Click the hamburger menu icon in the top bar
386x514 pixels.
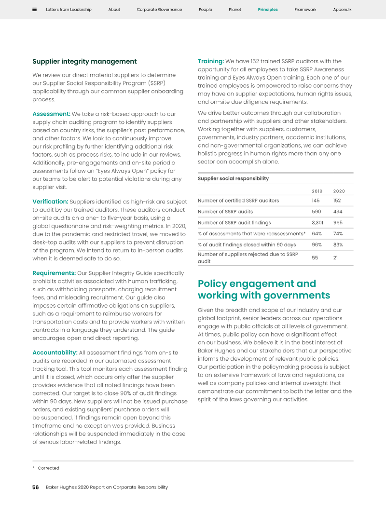point(35,9)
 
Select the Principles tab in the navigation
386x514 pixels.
point(268,10)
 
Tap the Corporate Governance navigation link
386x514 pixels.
point(159,10)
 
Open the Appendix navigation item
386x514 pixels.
point(342,10)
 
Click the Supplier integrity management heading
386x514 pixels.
point(84,62)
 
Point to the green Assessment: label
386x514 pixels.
point(51,114)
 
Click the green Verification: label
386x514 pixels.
point(50,202)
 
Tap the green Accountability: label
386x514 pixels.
point(55,352)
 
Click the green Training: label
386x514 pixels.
point(211,61)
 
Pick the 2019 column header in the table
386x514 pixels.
point(317,191)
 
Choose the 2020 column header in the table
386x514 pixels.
point(339,191)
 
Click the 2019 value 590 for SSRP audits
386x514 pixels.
point(317,212)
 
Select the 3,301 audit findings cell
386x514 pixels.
point(317,223)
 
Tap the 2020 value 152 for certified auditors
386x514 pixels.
point(338,201)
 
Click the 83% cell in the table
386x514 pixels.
point(338,245)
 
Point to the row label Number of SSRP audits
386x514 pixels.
point(225,212)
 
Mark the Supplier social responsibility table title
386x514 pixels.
point(233,178)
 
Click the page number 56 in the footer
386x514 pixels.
point(36,487)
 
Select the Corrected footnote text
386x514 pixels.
point(48,468)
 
